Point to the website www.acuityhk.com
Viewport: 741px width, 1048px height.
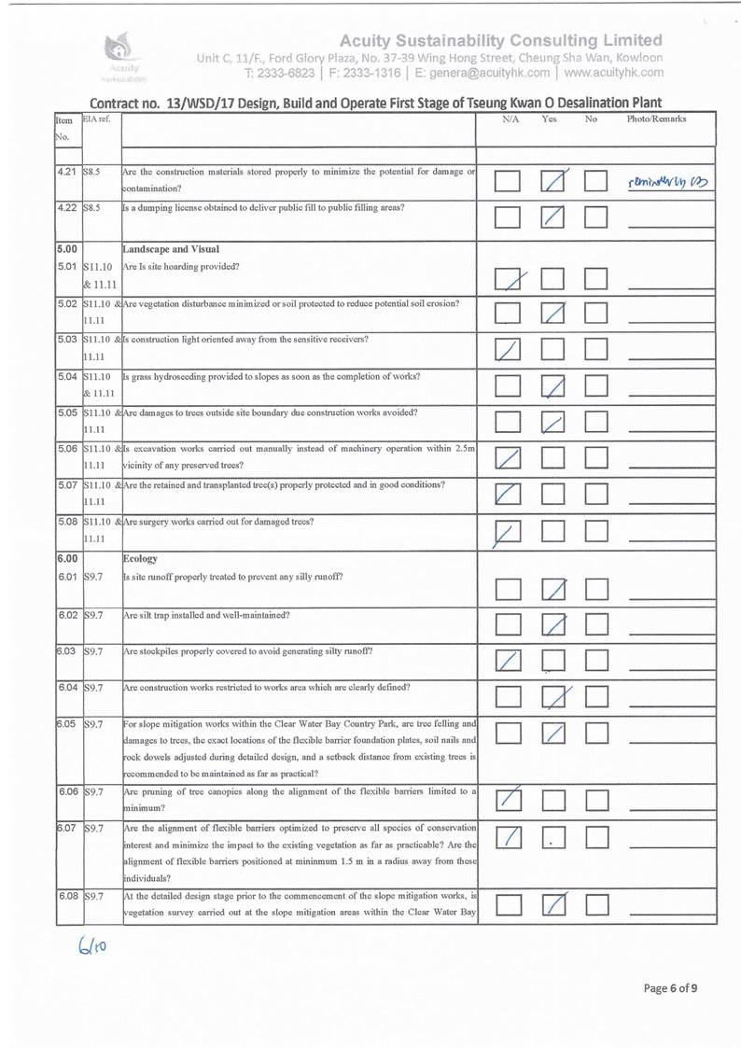613,72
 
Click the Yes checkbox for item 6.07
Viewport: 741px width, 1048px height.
555,841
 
